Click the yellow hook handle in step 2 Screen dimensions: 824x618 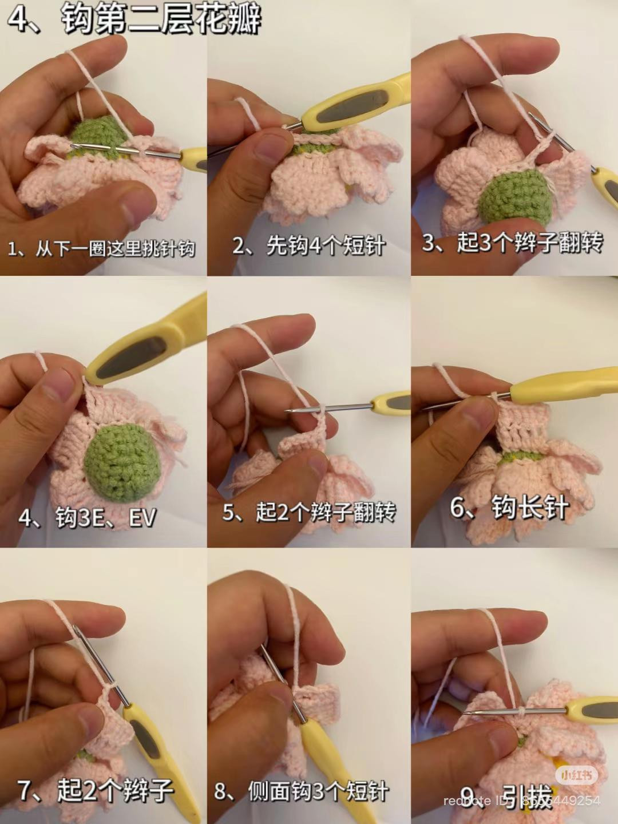click(x=355, y=103)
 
